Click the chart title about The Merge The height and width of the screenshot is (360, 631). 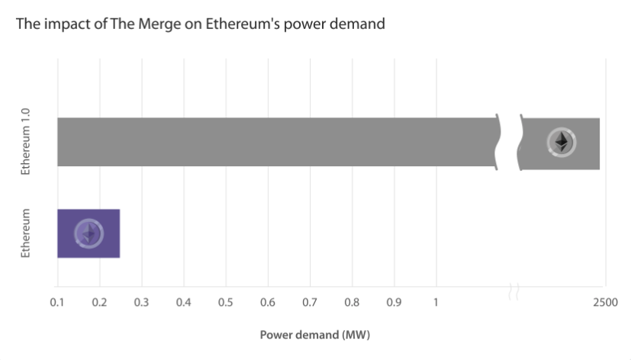click(200, 24)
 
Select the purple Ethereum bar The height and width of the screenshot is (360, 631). click(89, 233)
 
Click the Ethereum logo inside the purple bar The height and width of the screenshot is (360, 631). click(89, 233)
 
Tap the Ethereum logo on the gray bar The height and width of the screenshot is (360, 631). click(562, 143)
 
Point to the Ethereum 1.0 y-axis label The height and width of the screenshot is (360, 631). click(26, 143)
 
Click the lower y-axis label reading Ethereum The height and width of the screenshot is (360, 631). click(26, 233)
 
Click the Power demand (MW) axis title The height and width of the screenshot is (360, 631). click(314, 335)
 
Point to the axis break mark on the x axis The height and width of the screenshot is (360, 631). click(513, 290)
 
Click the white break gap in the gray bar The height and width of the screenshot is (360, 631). click(509, 143)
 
